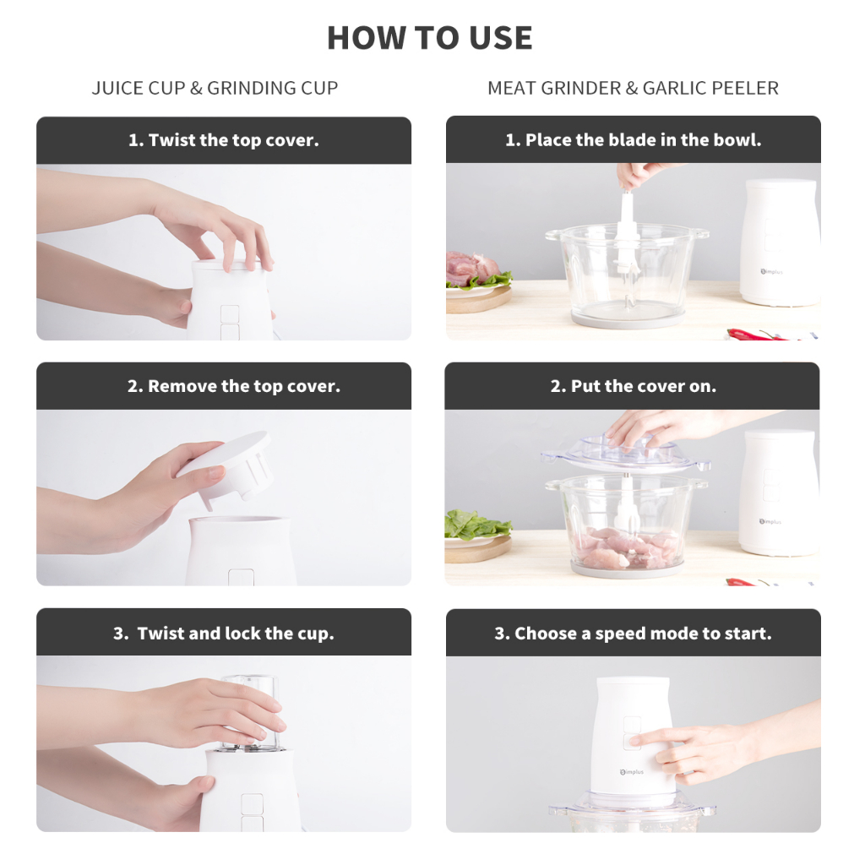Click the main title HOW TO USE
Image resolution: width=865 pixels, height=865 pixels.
click(430, 37)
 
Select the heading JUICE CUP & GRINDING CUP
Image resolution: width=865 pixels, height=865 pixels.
click(215, 88)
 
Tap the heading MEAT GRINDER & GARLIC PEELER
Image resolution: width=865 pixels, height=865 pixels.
click(633, 88)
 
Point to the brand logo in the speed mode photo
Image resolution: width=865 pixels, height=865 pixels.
click(632, 772)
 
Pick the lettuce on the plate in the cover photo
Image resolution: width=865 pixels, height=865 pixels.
click(476, 525)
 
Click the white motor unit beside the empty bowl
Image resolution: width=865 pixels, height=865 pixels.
click(780, 242)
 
